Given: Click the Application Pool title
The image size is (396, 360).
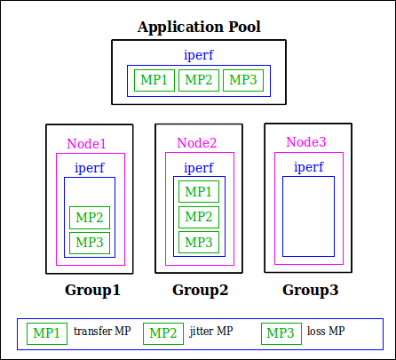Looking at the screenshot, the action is pyautogui.click(x=199, y=28).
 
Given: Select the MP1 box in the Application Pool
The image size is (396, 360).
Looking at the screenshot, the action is pyautogui.click(x=154, y=80).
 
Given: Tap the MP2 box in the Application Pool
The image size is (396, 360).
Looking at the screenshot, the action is pyautogui.click(x=199, y=80).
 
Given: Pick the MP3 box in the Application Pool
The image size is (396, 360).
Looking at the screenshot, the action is pyautogui.click(x=243, y=80).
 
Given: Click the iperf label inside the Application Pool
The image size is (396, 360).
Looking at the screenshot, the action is pyautogui.click(x=199, y=55).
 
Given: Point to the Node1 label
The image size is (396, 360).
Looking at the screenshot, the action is pyautogui.click(x=86, y=144).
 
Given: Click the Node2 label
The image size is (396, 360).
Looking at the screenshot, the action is pyautogui.click(x=197, y=143).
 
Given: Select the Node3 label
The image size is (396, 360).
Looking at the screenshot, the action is pyautogui.click(x=306, y=142).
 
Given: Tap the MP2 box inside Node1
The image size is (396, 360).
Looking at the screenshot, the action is pyautogui.click(x=90, y=218).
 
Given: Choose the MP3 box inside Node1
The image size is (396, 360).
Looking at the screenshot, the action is pyautogui.click(x=90, y=243).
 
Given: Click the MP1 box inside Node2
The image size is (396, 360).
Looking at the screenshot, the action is pyautogui.click(x=199, y=192).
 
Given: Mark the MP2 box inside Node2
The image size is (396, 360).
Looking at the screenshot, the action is pyautogui.click(x=199, y=217).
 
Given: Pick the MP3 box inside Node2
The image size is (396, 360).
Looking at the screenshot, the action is pyautogui.click(x=199, y=243).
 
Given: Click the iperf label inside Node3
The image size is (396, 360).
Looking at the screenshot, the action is pyautogui.click(x=309, y=167).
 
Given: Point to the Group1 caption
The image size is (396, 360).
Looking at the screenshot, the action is pyautogui.click(x=92, y=290).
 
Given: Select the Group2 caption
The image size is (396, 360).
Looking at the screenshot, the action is pyautogui.click(x=201, y=290).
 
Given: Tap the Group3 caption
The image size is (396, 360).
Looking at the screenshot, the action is pyautogui.click(x=311, y=290).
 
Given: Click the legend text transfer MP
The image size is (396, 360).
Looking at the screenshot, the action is pyautogui.click(x=102, y=331).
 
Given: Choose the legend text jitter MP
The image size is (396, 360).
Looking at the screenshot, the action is pyautogui.click(x=211, y=332).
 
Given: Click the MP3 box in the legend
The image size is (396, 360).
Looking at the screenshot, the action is pyautogui.click(x=281, y=333).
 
